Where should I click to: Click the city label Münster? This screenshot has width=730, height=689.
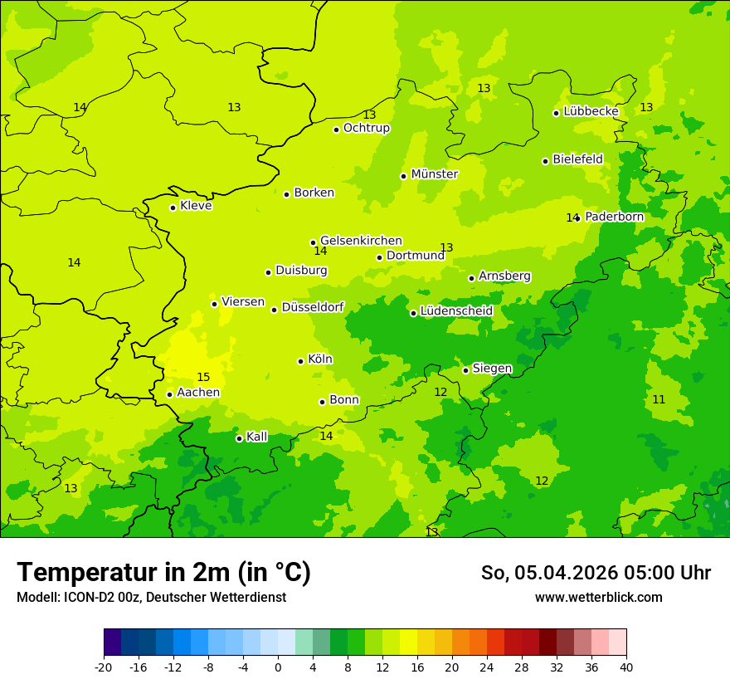(434, 174)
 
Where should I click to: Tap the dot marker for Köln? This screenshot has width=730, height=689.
(300, 361)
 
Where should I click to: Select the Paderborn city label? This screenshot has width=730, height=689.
(614, 217)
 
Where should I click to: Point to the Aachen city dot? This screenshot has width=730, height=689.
(169, 394)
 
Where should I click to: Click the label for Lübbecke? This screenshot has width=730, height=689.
(591, 111)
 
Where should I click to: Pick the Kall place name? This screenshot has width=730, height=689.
(256, 437)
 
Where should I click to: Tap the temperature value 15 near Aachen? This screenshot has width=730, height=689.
(203, 378)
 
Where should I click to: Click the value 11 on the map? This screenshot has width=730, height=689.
(659, 400)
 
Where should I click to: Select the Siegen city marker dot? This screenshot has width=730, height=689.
(465, 370)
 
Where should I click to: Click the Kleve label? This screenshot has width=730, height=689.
(196, 206)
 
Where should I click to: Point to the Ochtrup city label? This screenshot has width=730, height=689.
(366, 128)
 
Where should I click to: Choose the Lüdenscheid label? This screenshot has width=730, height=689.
(456, 311)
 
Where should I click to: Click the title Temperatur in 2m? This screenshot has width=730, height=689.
(163, 573)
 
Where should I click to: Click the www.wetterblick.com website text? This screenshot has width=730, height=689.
(598, 598)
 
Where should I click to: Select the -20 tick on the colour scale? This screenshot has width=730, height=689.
(104, 667)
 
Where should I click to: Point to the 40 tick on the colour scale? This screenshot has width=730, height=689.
(626, 667)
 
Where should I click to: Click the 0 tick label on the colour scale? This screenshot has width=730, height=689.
(278, 667)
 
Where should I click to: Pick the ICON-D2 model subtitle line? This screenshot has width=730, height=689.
(151, 598)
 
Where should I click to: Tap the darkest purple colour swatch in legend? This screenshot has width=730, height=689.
(112, 643)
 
